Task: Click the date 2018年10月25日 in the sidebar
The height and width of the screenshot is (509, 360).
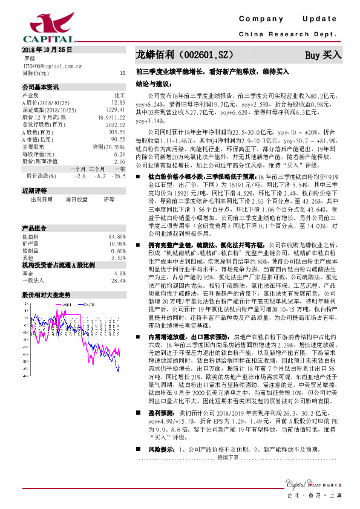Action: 47,49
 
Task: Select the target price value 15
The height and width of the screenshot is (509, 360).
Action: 122,73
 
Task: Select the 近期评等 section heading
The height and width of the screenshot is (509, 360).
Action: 34,207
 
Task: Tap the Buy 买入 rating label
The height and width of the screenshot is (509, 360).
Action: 322,55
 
